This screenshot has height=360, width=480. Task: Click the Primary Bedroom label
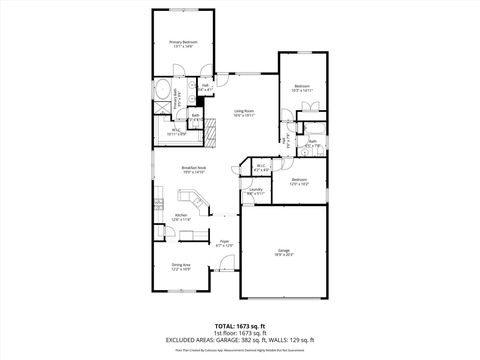[183, 42]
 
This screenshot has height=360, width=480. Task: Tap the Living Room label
[244, 110]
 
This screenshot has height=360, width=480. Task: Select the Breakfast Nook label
[194, 167]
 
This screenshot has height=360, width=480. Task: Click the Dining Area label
[181, 265]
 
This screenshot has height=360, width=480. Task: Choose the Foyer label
[225, 240]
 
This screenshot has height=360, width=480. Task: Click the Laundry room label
[255, 189]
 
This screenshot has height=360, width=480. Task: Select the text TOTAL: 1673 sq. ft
[240, 326]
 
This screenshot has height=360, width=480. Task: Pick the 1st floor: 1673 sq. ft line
[240, 333]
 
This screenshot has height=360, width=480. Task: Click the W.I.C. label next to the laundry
[260, 166]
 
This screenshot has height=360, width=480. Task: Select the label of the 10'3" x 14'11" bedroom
[301, 87]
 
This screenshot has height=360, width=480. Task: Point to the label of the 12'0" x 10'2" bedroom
[299, 180]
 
